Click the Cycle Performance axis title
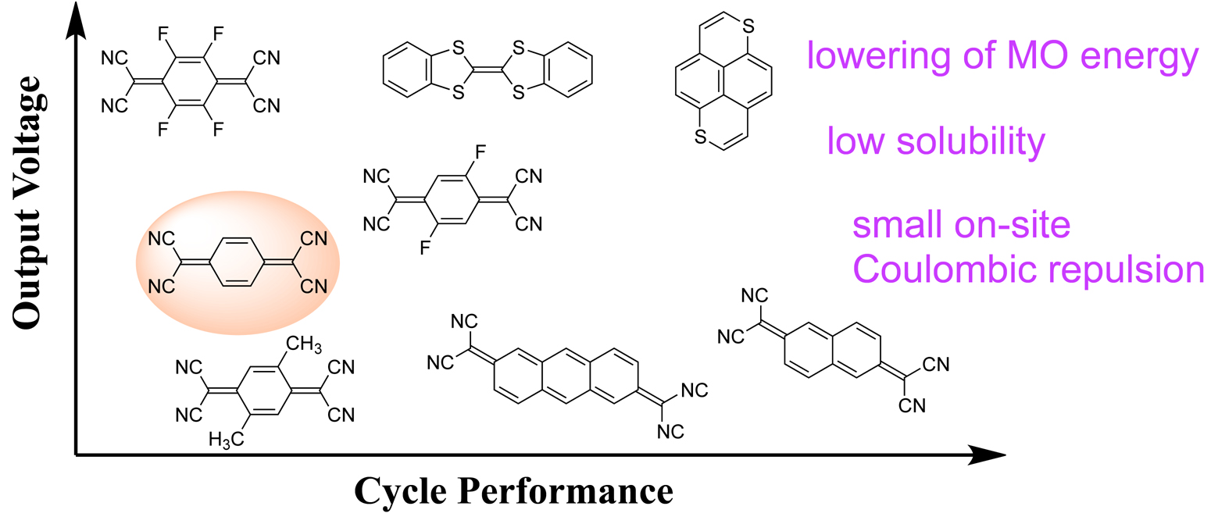513,490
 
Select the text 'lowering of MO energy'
1002,59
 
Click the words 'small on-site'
960,227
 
